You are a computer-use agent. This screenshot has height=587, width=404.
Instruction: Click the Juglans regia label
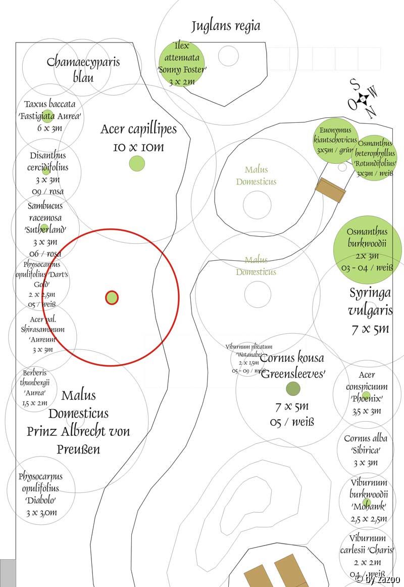pos(226,26)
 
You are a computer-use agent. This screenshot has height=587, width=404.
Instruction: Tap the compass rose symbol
pos(363,99)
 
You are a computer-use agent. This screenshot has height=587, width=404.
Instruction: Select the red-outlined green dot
pos(112,298)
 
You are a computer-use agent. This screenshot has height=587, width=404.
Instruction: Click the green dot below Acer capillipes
pos(137,163)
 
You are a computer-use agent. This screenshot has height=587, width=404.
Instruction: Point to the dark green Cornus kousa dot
pos(293,388)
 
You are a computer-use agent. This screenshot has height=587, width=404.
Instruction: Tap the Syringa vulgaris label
pos(370,310)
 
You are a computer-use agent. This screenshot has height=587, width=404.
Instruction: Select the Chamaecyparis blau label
pos(83,69)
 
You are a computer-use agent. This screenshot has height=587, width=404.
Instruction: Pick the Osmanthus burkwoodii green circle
pos(367,249)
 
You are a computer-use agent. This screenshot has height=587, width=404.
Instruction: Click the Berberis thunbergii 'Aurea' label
pos(34,388)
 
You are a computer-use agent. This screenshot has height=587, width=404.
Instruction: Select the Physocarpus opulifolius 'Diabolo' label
pos(40,494)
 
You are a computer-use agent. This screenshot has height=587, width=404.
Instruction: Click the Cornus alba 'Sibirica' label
pos(365,450)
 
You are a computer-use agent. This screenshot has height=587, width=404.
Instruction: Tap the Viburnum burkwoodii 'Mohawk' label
pos(368,501)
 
